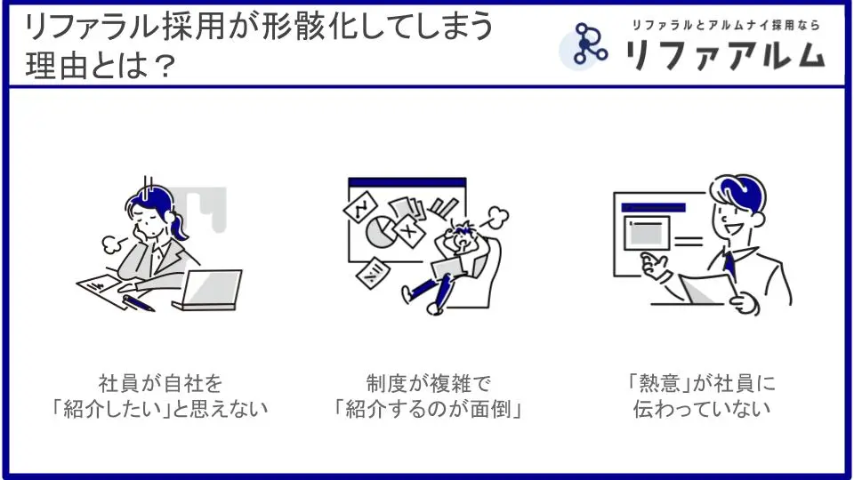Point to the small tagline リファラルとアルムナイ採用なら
coord(726,25)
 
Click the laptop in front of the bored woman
coord(207,290)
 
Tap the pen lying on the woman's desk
coord(139,302)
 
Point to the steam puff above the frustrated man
coord(496,216)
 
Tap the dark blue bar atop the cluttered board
coord(407,182)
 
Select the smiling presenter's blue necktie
coord(729,265)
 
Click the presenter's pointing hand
coord(654,266)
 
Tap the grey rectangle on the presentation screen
coord(646,235)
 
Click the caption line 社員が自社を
coord(160,383)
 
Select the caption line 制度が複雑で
coord(428,383)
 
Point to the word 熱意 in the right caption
coord(658,383)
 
